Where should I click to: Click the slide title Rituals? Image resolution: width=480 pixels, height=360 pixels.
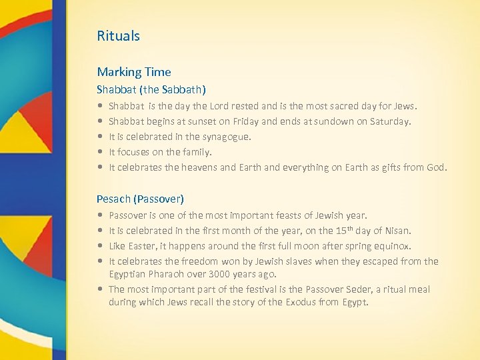coord(118,36)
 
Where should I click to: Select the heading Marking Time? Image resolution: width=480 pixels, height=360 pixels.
coord(133,72)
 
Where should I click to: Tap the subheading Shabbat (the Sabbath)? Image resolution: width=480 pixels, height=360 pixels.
coord(151,89)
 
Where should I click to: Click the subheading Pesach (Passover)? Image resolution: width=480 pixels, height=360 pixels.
coord(140,199)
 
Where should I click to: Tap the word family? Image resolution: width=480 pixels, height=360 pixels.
coord(197,152)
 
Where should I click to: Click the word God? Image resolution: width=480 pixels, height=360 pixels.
coord(436,167)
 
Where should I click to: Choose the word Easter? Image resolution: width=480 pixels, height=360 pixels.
coord(142,246)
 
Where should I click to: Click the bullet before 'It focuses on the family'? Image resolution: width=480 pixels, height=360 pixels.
coord(99,152)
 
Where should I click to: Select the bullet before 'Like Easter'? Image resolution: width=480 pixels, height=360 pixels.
coord(99,246)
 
